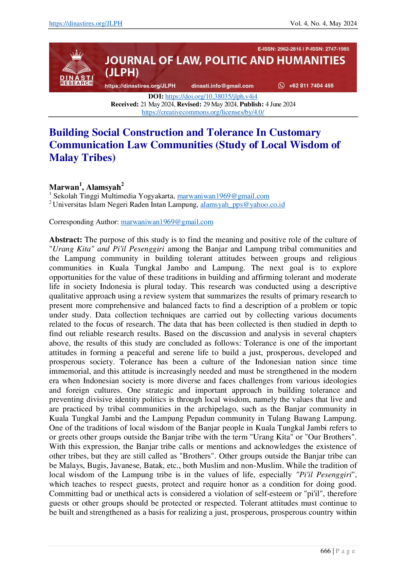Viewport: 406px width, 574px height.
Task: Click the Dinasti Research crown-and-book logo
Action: [77, 68]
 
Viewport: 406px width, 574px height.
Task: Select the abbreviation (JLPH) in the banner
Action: [122, 73]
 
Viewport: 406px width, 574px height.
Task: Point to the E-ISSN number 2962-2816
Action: [289, 49]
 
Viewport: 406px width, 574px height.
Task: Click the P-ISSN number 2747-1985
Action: [337, 49]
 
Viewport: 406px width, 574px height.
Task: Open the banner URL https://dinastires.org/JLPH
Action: [140, 86]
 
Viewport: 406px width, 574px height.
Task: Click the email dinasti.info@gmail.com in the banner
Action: [222, 86]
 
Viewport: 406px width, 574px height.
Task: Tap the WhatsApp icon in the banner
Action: [281, 85]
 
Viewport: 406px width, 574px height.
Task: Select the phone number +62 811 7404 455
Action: [311, 86]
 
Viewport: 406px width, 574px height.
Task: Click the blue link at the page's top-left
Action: [85, 24]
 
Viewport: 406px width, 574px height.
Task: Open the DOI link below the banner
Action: [212, 97]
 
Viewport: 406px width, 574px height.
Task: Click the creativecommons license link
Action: [203, 112]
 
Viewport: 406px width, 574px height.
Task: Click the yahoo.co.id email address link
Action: [242, 205]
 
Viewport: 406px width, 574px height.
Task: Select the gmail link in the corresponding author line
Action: [167, 223]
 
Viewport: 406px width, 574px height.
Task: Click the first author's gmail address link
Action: [223, 196]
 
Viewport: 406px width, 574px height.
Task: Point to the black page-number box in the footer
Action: [327, 551]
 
